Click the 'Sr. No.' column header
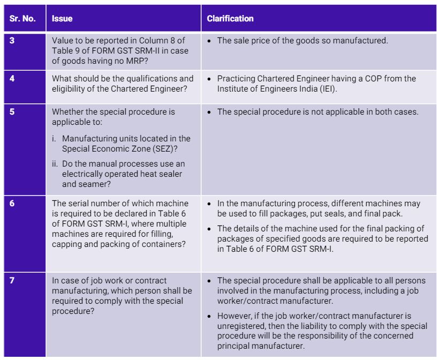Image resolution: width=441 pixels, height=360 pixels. coord(22,19)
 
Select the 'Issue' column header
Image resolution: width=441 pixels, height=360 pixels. coord(62,19)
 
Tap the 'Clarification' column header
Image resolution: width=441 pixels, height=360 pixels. coord(230,19)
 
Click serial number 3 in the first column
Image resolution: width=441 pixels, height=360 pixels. coord(12,40)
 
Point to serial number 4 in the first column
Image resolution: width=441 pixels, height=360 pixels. coord(12,78)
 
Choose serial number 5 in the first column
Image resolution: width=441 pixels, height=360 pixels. coord(12,112)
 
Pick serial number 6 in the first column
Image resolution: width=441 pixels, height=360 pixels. coord(12,204)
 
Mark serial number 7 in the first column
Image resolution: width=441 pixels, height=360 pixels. coord(12,281)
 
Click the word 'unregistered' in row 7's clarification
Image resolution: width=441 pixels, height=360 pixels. coord(240,326)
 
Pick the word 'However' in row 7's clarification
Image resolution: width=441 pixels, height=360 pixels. coord(233,316)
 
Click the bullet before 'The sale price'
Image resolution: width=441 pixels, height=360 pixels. coord(210,40)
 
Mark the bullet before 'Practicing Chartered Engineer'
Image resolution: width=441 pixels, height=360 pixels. coord(210,79)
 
